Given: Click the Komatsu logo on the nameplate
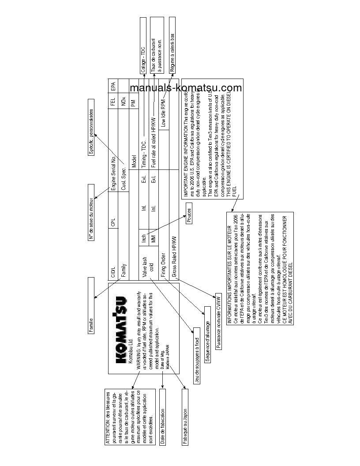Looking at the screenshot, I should click(120, 324).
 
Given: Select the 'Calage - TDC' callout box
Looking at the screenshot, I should click(142, 44).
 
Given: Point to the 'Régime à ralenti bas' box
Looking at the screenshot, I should click(172, 44).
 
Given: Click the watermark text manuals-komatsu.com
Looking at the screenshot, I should click(186, 88).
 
